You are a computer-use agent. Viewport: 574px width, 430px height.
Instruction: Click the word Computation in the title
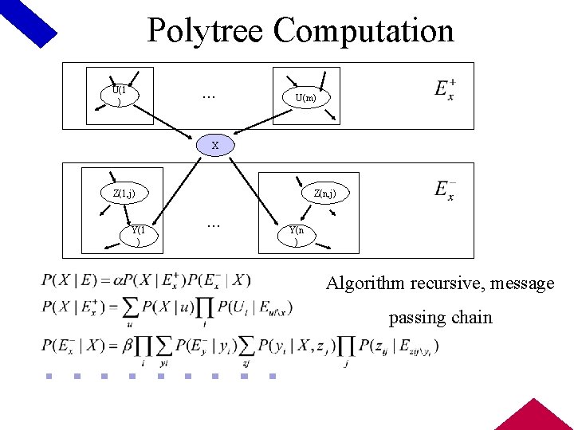pos(364,31)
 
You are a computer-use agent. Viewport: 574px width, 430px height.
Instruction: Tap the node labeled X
pos(215,146)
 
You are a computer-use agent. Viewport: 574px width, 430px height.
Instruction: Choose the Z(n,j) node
pos(324,193)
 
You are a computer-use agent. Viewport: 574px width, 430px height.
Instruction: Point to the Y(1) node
pos(140,234)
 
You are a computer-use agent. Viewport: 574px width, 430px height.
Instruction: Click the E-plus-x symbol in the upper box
pos(445,90)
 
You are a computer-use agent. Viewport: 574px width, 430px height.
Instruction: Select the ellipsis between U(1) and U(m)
pos(208,96)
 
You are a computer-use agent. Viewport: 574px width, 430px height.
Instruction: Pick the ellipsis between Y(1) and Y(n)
pos(214,225)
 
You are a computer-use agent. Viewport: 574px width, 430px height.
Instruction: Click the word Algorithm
pos(364,283)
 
